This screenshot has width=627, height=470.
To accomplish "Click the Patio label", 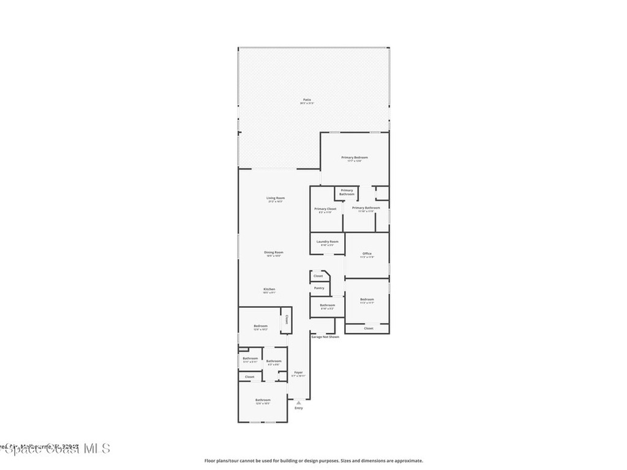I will click(306, 100).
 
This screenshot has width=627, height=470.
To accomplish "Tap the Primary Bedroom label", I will click(355, 157).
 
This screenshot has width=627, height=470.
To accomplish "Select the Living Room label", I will click(276, 198).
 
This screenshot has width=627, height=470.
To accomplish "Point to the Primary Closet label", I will click(325, 209).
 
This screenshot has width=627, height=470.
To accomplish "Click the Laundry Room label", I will click(327, 241).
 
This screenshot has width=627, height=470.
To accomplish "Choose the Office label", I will click(367, 253).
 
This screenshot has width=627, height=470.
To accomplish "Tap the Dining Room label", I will click(274, 252).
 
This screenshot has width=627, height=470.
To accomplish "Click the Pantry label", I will click(319, 288).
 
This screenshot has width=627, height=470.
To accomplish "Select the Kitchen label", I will click(269, 289).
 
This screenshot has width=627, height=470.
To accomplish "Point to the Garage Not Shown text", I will click(325, 337).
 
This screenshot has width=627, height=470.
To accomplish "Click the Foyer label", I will click(298, 372).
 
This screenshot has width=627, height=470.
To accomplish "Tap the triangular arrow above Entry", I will click(298, 403).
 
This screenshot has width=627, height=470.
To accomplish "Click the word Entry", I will click(298, 408).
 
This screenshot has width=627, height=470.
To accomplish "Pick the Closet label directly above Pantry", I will click(318, 276).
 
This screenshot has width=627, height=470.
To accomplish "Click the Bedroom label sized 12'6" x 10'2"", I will click(261, 326).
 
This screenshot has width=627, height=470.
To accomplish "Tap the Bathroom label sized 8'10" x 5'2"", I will click(327, 305).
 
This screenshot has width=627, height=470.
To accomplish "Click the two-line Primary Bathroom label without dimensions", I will click(347, 192).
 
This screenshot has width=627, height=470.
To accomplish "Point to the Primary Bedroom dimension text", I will click(355, 162).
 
